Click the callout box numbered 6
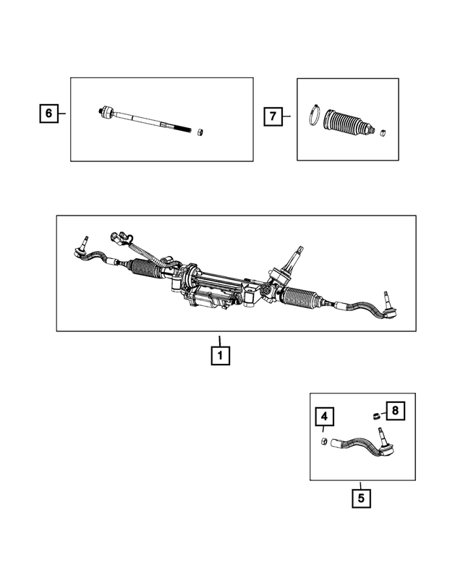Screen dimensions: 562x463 click(48, 114)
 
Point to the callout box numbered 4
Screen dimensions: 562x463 click(325, 417)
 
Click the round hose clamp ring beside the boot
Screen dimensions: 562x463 click(315, 116)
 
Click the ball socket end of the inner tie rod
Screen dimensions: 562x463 click(107, 111)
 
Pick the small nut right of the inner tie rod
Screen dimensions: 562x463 click(202, 131)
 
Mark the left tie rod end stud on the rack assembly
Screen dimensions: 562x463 click(85, 242)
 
